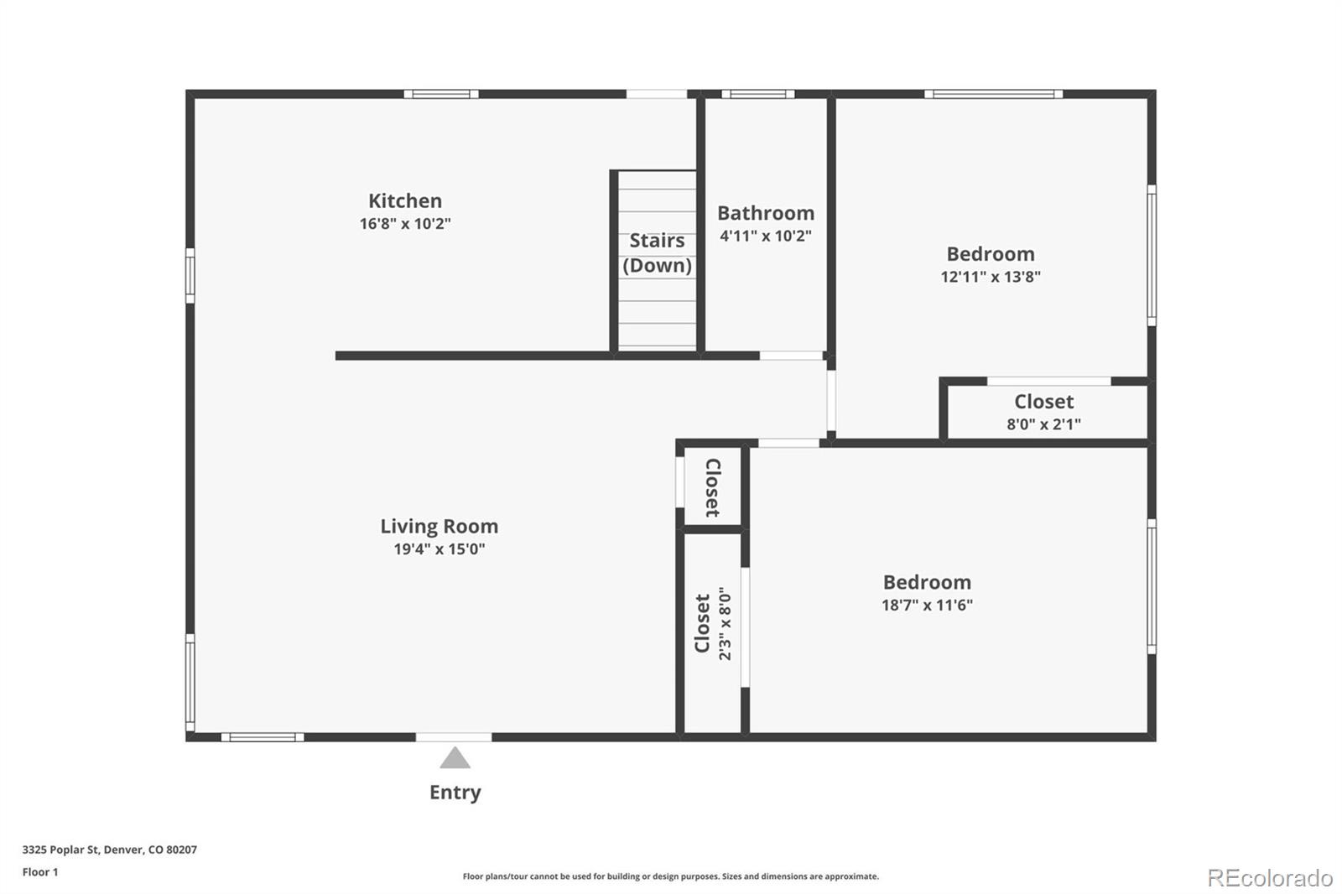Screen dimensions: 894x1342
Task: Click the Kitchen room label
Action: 405,200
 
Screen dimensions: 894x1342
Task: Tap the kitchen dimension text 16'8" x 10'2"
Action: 405,224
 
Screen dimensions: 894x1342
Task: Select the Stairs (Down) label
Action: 657,252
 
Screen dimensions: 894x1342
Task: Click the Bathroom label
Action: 765,213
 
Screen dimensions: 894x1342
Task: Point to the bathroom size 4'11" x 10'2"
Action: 765,236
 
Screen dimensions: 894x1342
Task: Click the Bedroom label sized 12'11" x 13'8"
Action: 990,254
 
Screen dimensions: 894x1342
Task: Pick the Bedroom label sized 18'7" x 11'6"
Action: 926,582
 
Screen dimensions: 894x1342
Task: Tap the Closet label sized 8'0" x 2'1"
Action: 1043,402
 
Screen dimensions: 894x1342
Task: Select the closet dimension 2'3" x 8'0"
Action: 725,623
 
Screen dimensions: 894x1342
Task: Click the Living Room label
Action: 439,527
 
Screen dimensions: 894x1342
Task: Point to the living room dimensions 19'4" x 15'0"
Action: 439,549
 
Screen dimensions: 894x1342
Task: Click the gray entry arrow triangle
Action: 455,759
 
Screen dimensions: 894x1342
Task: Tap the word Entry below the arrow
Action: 455,793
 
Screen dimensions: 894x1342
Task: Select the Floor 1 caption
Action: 40,872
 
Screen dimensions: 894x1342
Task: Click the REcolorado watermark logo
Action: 1270,878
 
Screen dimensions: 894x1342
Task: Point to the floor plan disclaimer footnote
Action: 670,876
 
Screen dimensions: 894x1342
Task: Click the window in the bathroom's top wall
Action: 757,94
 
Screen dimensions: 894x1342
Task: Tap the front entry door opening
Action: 454,737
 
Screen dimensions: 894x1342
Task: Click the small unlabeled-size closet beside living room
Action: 712,487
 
